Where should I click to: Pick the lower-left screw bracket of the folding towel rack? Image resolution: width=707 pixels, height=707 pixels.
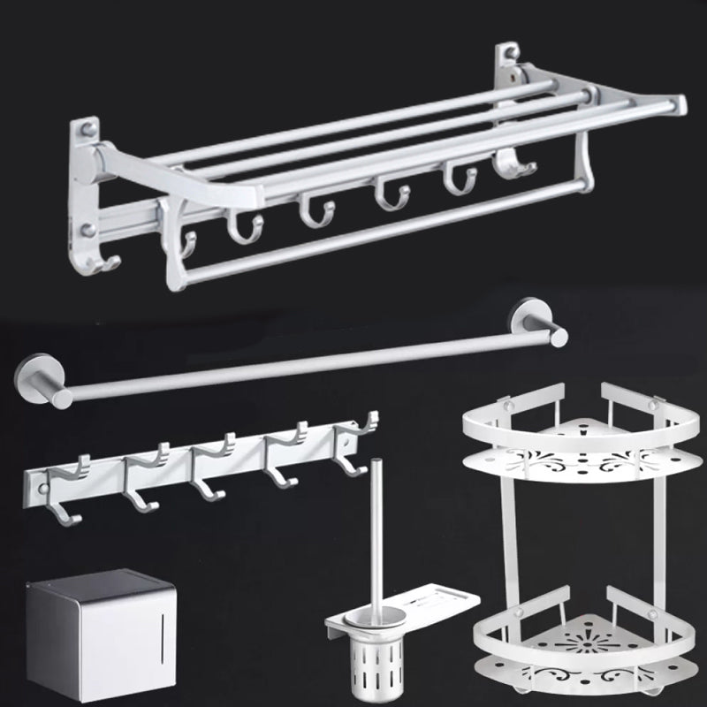[x=88, y=232]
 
